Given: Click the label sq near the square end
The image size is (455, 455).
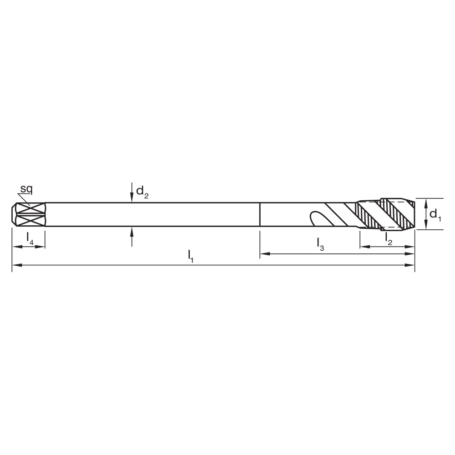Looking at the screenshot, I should click(25, 189).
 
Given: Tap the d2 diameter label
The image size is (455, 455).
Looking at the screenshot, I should click(142, 193).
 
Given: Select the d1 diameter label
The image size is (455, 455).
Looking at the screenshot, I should click(435, 214).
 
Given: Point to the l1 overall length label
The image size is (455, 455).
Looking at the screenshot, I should click(191, 257).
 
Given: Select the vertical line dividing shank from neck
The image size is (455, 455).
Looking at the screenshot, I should click(259, 214).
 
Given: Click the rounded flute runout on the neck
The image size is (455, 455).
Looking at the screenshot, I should click(314, 217).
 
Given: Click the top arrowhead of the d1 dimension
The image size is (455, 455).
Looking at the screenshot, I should click(426, 202).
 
